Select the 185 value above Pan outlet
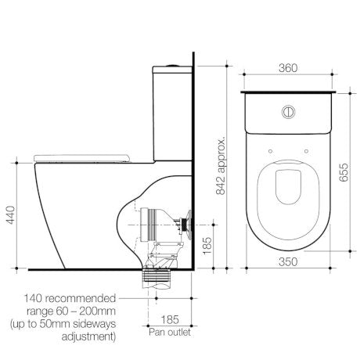coord(169,320)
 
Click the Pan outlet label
coord(169,333)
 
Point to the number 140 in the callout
coord(38,298)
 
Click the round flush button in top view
coord(287,113)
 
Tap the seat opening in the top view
coord(287,190)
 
